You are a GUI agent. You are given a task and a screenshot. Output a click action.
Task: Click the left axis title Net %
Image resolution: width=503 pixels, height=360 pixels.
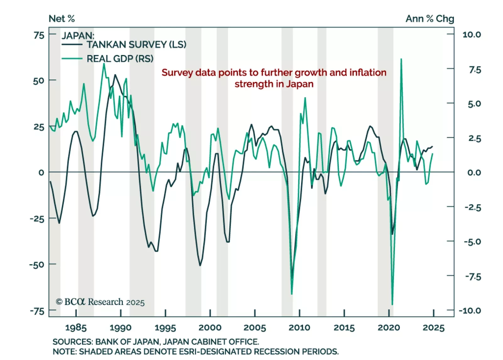62,19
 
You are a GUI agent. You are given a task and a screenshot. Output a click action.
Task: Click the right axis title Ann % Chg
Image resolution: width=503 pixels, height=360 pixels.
429,19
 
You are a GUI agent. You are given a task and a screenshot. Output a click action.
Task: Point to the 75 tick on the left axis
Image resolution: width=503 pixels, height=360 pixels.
39,35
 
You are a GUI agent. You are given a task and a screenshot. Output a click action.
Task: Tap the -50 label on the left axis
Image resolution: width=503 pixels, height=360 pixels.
37,265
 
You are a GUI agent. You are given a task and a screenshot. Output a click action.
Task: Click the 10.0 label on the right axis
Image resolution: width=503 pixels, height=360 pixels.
472,35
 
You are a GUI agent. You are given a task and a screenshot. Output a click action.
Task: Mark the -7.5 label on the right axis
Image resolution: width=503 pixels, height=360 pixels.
473,277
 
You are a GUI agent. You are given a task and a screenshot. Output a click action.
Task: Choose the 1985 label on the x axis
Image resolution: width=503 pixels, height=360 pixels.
76,328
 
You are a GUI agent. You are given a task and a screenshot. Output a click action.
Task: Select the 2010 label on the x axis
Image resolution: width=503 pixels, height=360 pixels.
299,328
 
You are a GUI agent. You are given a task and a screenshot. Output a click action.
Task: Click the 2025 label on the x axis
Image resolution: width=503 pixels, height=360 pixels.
434,328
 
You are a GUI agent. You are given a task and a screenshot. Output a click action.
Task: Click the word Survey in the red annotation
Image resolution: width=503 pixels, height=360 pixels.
177,73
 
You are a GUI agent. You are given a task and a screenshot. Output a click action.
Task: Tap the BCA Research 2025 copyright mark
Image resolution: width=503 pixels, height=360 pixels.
100,302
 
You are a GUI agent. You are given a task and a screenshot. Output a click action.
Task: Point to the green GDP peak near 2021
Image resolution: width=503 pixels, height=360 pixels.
401,59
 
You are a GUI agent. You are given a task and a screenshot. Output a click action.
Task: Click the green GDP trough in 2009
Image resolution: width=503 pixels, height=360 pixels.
292,294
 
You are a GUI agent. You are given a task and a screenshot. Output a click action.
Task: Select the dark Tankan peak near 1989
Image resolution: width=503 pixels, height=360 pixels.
115,75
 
